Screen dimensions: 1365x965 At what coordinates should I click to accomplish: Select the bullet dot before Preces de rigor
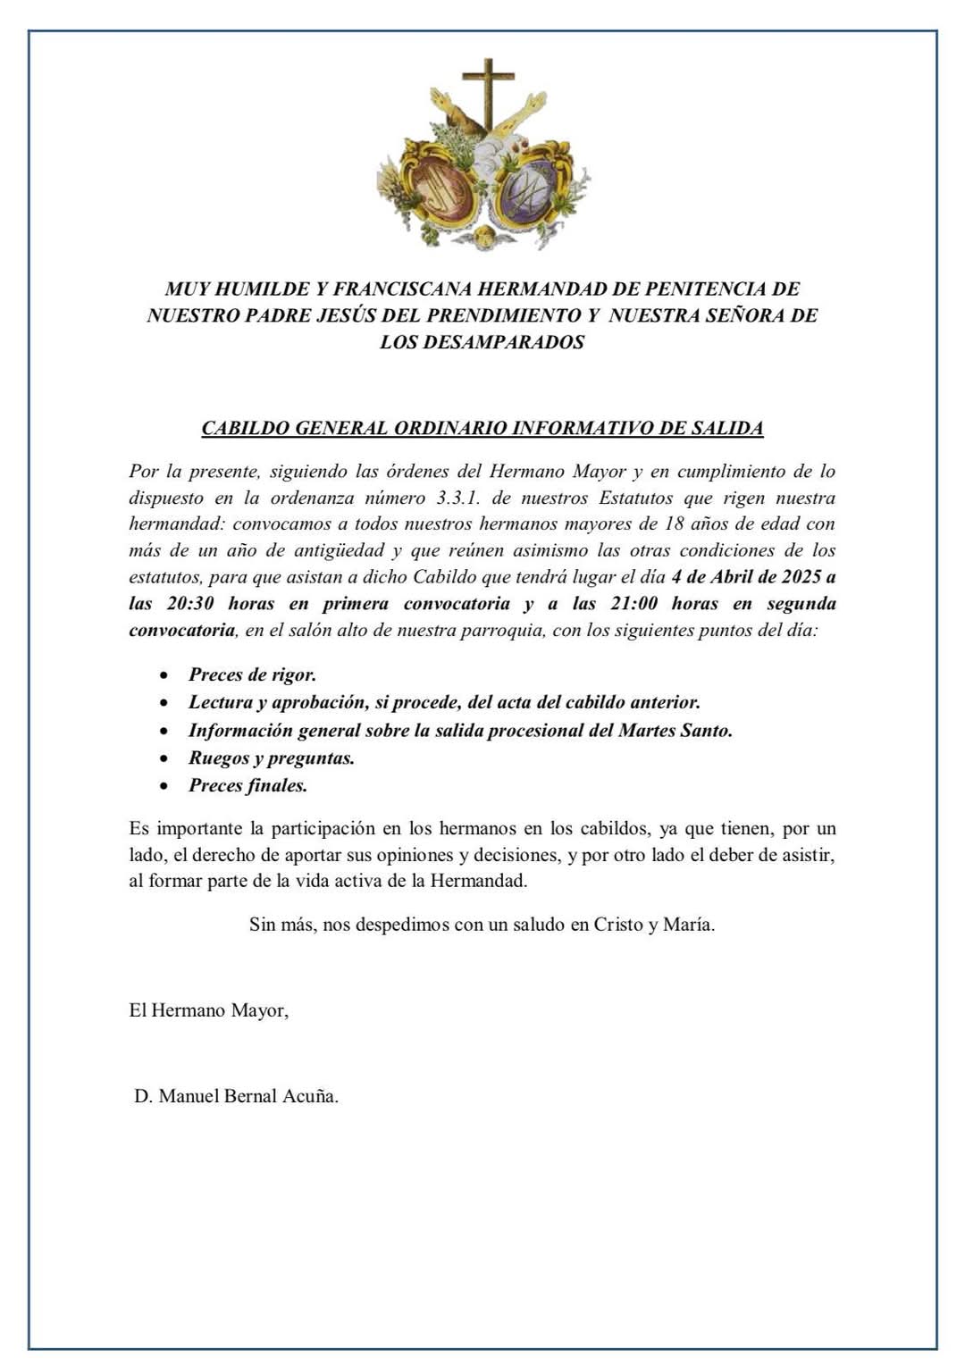(x=164, y=676)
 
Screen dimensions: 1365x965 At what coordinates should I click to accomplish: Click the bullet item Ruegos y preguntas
(x=272, y=758)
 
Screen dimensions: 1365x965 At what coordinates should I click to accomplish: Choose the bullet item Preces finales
(x=248, y=786)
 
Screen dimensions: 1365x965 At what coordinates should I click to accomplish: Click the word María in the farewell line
(x=688, y=925)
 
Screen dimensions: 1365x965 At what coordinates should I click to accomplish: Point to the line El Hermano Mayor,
(x=209, y=1011)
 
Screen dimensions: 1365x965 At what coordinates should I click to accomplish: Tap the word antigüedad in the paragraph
(x=339, y=550)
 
